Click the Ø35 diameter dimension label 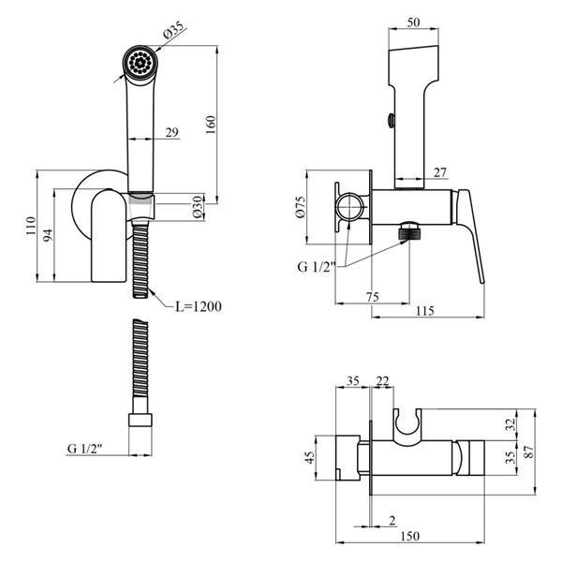pyautogui.click(x=173, y=30)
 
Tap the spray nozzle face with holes pyautogui.click(x=140, y=63)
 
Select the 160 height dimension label pyautogui.click(x=211, y=125)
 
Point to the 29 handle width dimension pyautogui.click(x=172, y=132)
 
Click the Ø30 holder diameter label pyautogui.click(x=198, y=207)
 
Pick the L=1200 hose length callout pyautogui.click(x=199, y=306)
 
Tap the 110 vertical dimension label pyautogui.click(x=31, y=226)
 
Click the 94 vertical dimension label pyautogui.click(x=48, y=235)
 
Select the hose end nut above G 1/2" pyautogui.click(x=140, y=420)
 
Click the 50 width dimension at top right pyautogui.click(x=413, y=22)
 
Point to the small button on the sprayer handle pyautogui.click(x=392, y=120)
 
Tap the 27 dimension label pyautogui.click(x=440, y=172)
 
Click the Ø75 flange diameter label pyautogui.click(x=301, y=207)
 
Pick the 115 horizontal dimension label pyautogui.click(x=424, y=311)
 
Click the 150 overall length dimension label pyautogui.click(x=409, y=536)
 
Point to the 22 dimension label pyautogui.click(x=382, y=381)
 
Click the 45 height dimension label pyautogui.click(x=309, y=457)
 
